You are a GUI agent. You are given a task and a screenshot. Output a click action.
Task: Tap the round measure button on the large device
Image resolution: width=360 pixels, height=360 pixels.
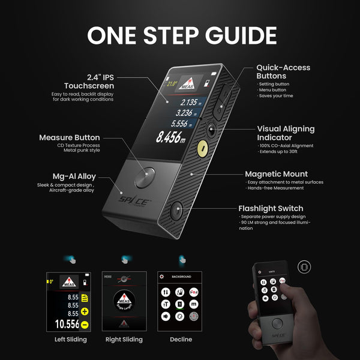[x=145, y=178]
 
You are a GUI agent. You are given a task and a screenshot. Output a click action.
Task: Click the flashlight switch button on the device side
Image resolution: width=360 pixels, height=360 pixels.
[x=176, y=211]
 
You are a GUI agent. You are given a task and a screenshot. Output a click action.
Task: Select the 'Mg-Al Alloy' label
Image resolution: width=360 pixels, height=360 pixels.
[x=74, y=177]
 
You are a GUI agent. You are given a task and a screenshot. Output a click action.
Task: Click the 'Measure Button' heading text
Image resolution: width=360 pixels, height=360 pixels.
[x=70, y=137]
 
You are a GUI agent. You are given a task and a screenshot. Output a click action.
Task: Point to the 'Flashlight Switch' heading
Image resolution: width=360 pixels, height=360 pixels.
[x=275, y=209]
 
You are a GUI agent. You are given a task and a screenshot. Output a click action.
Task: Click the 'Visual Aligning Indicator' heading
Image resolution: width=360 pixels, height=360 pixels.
[x=286, y=133]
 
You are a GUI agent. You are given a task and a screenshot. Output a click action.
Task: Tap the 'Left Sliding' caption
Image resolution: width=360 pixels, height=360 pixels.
[x=70, y=340]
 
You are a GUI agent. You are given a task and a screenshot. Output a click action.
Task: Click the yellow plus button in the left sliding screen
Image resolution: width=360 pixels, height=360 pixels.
[x=85, y=311]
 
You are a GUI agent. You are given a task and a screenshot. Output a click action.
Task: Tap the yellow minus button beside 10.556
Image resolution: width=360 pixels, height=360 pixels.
[x=85, y=324]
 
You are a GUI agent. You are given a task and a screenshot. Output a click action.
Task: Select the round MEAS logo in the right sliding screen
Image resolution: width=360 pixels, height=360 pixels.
[x=125, y=302]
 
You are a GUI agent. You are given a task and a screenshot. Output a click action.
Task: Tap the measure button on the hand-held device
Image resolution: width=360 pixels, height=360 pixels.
[x=277, y=323]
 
